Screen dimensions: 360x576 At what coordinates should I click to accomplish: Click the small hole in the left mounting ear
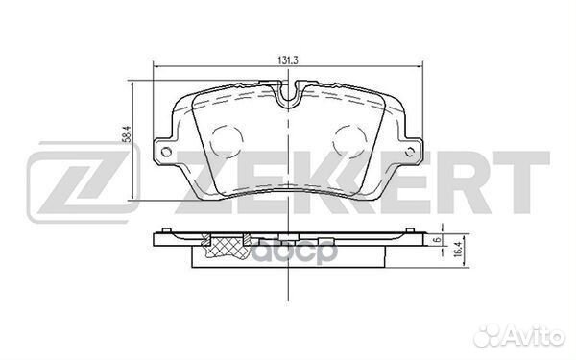click(x=166, y=150)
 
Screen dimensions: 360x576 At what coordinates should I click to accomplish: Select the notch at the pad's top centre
click(x=287, y=95)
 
